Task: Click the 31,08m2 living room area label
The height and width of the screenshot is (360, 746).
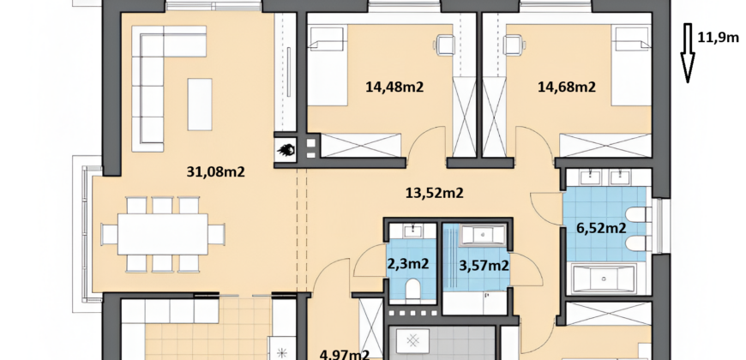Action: [215, 171]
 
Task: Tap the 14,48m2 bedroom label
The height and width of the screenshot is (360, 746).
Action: [394, 87]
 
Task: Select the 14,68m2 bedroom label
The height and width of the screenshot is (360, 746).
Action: [567, 87]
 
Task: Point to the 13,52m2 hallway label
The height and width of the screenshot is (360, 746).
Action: [435, 193]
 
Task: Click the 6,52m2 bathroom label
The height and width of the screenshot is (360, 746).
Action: [601, 228]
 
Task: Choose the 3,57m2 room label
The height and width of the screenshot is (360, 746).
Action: [484, 266]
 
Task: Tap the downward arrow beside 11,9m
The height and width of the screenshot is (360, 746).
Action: [688, 53]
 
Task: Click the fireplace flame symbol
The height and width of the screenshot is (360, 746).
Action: [286, 150]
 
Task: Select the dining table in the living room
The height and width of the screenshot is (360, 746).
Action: [163, 234]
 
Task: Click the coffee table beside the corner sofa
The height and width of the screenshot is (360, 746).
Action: [200, 105]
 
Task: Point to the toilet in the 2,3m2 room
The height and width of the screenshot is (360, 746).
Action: [412, 288]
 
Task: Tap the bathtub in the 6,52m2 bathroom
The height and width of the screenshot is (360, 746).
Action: [605, 279]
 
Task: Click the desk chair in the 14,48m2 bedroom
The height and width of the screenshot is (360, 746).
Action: [443, 45]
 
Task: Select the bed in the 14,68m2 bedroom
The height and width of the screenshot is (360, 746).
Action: [631, 66]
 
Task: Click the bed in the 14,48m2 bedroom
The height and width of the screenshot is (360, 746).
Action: [328, 66]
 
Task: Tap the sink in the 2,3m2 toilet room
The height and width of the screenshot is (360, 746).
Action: [412, 231]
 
